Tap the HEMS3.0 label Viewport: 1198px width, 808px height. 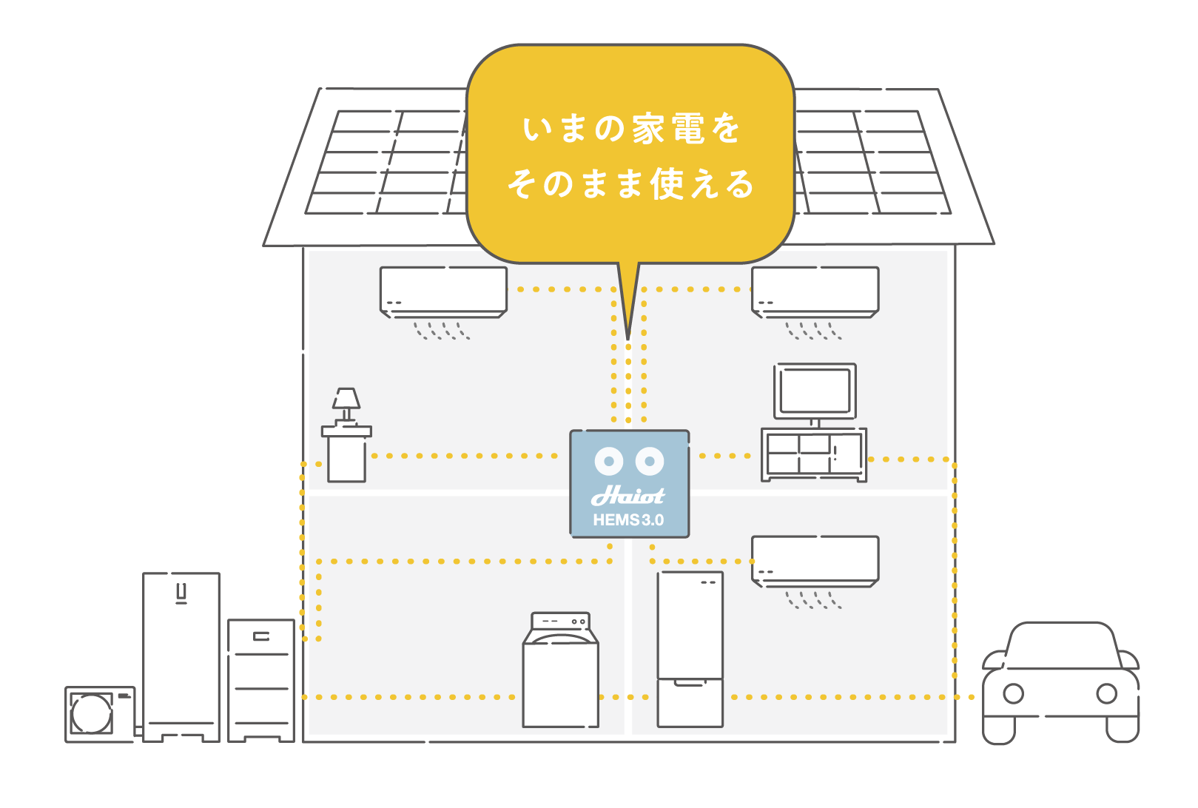coord(628,520)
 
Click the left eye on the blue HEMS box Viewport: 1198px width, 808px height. coord(609,461)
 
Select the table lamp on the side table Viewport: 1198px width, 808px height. coord(346,404)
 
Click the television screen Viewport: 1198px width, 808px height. coord(815,391)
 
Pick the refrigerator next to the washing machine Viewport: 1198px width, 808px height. coord(690,649)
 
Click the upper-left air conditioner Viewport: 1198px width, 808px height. coord(443,291)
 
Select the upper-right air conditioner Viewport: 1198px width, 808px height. coord(815,291)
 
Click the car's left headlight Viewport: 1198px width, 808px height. coord(1013,693)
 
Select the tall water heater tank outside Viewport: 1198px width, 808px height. coord(181,655)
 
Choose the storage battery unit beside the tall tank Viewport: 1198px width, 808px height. coord(261,679)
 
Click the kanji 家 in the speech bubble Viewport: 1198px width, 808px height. coord(648,129)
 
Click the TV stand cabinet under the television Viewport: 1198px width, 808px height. coord(814,454)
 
